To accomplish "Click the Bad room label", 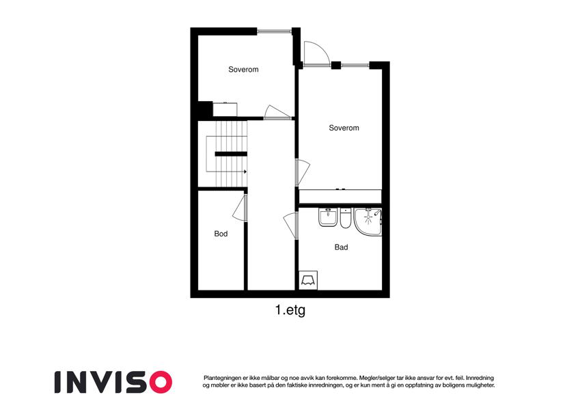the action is (341, 247).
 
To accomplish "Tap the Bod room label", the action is (221, 234).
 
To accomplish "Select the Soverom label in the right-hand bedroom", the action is (344, 128).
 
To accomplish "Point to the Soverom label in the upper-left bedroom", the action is (243, 69).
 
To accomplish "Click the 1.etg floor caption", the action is (290, 310).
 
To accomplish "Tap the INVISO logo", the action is (113, 382).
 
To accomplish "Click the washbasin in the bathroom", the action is (328, 217).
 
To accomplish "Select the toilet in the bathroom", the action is (345, 218).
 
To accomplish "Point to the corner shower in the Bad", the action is (368, 221).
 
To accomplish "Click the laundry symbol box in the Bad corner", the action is (308, 280).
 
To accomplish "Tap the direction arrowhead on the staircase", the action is (245, 172).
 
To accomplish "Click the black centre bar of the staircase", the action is (231, 154).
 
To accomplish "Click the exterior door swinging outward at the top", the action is (316, 54).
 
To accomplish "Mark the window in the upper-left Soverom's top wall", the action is (275, 31).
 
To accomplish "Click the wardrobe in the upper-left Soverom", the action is (225, 109).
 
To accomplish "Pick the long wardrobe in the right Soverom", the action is (340, 196).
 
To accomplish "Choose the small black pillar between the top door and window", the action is (336, 66).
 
